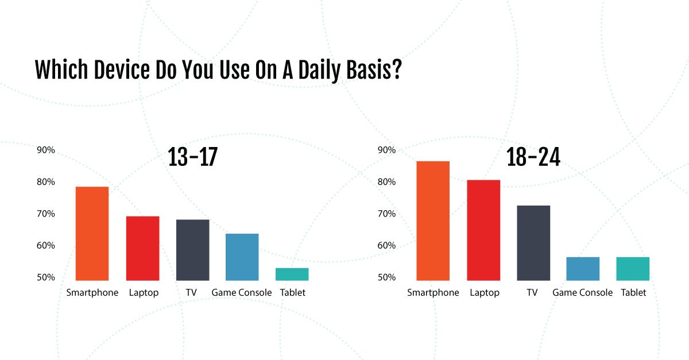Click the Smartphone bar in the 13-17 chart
tap(92, 234)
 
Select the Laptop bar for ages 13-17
tap(143, 248)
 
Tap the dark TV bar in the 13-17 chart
tap(192, 250)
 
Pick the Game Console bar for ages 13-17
tap(242, 257)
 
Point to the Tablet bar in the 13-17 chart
tap(292, 274)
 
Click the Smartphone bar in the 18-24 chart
tap(433, 221)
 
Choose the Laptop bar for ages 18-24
tap(483, 230)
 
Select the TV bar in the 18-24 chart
tap(533, 243)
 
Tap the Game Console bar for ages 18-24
tap(583, 269)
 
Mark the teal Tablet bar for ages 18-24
tap(633, 269)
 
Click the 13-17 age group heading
tap(192, 157)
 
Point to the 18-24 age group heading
tap(533, 157)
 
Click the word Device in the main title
tap(122, 69)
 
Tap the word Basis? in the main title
tap(374, 69)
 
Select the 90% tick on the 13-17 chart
tap(46, 150)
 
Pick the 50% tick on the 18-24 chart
tap(386, 277)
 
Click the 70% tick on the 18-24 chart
tap(386, 214)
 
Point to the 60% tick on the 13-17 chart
tap(46, 245)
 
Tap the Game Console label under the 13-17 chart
tap(242, 292)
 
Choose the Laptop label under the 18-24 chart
tap(485, 293)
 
